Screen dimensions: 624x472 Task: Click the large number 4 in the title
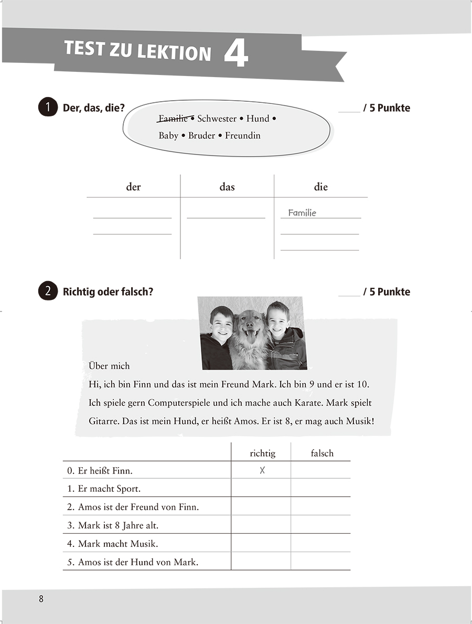tap(235, 54)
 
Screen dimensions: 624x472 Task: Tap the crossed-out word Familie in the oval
tap(173, 119)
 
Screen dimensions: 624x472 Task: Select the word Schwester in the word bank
tap(217, 119)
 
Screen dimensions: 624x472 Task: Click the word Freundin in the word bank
tap(242, 136)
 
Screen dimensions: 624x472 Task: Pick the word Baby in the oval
tap(168, 136)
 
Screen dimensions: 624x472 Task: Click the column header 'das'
tap(227, 187)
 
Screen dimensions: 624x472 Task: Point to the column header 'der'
tap(133, 187)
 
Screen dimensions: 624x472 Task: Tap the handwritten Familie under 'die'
tap(302, 213)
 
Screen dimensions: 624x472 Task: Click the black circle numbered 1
tap(48, 108)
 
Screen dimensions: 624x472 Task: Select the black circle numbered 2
tap(48, 292)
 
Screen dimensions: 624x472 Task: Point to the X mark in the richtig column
tap(262, 470)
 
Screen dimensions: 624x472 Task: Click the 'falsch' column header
tap(321, 453)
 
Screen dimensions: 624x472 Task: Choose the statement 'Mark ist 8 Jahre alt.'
tap(118, 525)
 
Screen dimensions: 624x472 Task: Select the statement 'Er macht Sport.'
tap(109, 489)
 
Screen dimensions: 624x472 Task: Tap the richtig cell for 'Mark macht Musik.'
tap(261, 543)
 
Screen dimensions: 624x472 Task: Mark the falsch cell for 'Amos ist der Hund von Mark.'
tap(320, 562)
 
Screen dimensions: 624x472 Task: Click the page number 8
tap(41, 599)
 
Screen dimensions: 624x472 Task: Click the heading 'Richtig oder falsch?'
tap(108, 292)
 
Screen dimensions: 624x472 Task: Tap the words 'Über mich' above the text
tap(110, 365)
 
